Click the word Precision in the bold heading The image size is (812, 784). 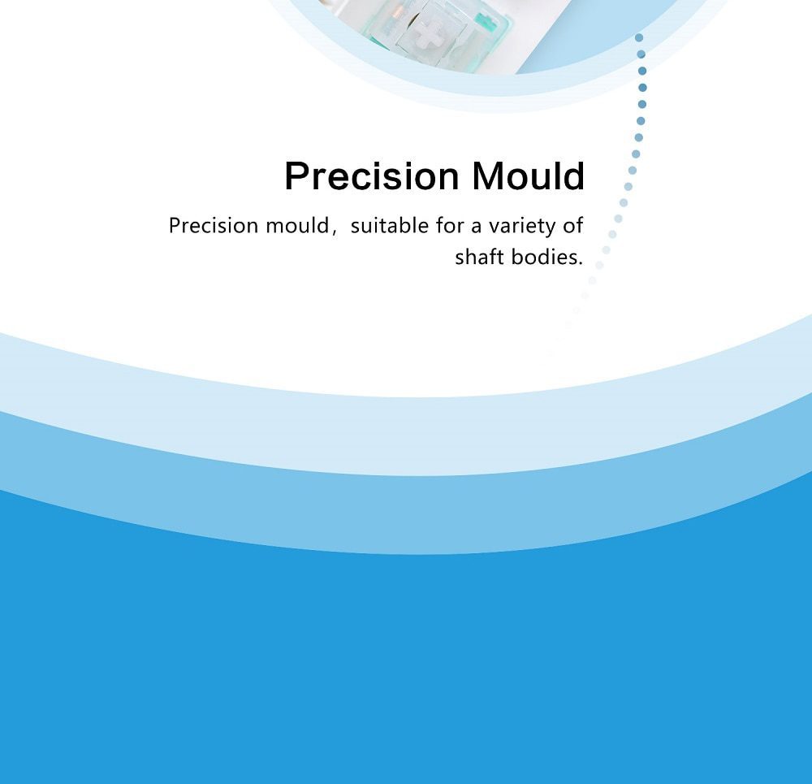pyautogui.click(x=372, y=176)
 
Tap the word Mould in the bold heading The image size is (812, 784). pyautogui.click(x=528, y=176)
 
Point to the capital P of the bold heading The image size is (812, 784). pyautogui.click(x=296, y=176)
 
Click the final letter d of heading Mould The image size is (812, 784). pyautogui.click(x=574, y=176)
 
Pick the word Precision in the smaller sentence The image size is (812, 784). pyautogui.click(x=213, y=226)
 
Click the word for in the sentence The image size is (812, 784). pyautogui.click(x=449, y=226)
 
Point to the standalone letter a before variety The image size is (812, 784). pyautogui.click(x=476, y=227)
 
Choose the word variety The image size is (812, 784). pyautogui.click(x=519, y=227)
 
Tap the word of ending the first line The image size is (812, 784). pyautogui.click(x=573, y=226)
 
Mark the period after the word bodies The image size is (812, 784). pyautogui.click(x=581, y=263)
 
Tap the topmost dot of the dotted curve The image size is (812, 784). pyautogui.click(x=639, y=37)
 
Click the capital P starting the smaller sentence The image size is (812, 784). pyautogui.click(x=175, y=226)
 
